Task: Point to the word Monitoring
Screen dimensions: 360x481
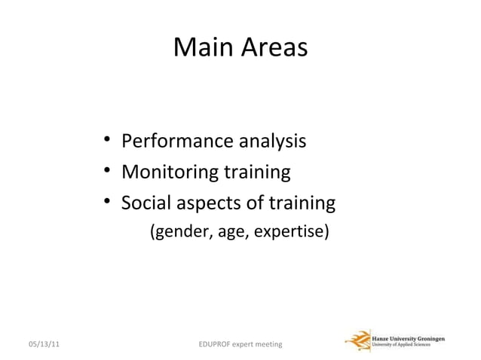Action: point(169,172)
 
